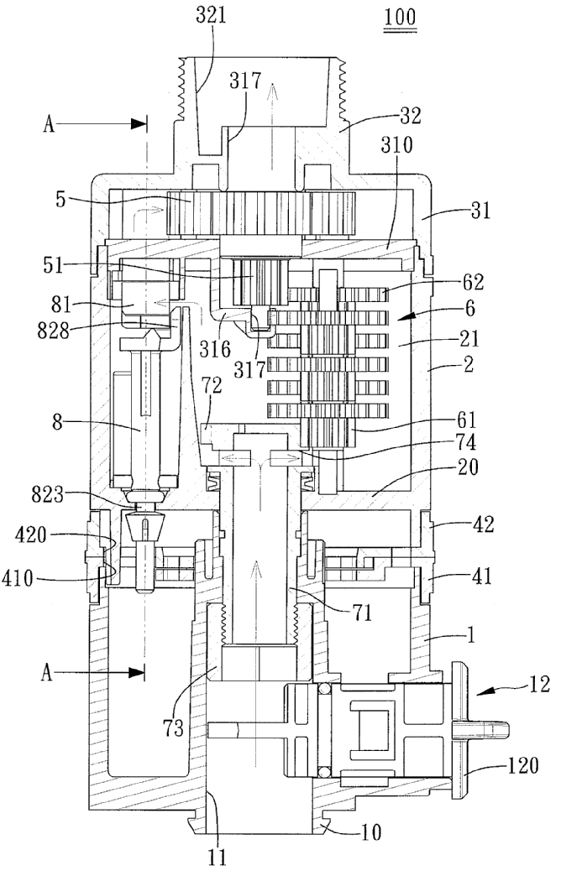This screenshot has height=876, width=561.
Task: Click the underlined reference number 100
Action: (401, 17)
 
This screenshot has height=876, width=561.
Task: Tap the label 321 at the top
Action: (211, 14)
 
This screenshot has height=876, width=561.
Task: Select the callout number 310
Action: (396, 144)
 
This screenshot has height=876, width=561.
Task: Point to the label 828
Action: (54, 330)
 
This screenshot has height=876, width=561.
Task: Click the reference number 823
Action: (49, 495)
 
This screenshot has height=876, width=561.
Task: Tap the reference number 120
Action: (522, 765)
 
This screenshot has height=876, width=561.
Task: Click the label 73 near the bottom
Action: (173, 727)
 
